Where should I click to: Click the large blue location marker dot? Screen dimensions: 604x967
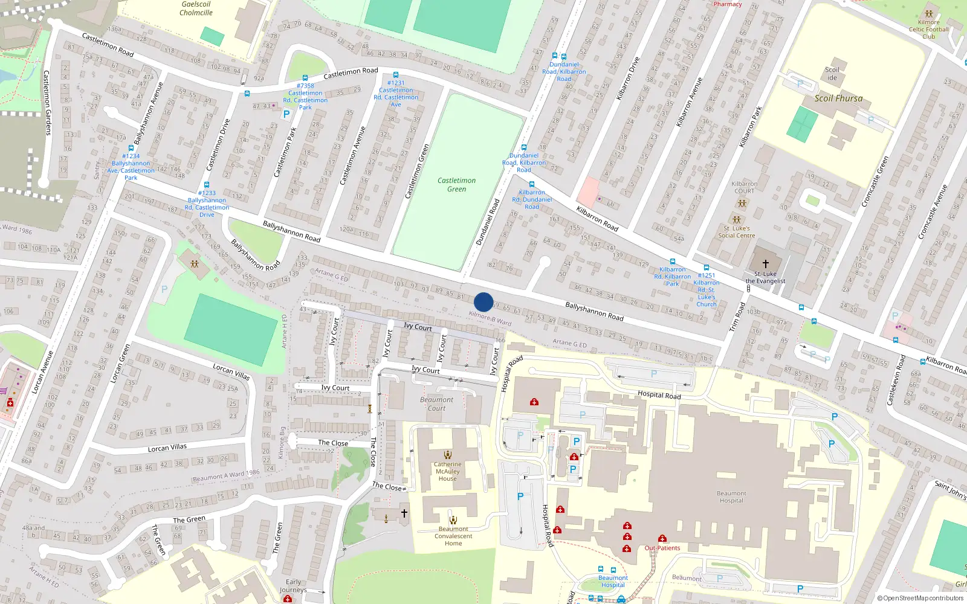(x=483, y=302)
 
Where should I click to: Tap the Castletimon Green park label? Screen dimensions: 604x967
(x=456, y=185)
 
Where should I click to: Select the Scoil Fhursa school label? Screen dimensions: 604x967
(x=838, y=98)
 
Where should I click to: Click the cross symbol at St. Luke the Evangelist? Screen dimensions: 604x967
(x=766, y=264)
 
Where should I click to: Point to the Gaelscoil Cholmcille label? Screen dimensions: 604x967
(x=196, y=8)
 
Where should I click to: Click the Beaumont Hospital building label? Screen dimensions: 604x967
(x=731, y=497)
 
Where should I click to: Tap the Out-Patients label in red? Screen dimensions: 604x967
(x=662, y=548)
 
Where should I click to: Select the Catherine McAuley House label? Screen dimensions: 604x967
(x=447, y=472)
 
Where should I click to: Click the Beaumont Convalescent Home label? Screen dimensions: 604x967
(x=453, y=536)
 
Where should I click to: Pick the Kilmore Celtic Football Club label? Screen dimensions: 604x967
(x=929, y=29)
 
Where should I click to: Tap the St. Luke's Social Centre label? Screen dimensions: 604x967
(x=737, y=232)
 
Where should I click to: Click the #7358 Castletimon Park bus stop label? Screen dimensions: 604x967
(x=305, y=97)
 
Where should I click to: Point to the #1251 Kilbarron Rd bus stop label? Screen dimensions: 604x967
(x=707, y=290)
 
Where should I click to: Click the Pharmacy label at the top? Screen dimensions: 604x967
(x=728, y=4)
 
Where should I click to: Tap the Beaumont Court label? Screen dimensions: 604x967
(x=436, y=404)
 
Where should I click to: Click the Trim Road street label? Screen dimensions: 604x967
(x=737, y=316)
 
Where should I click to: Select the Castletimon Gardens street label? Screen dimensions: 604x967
(x=47, y=103)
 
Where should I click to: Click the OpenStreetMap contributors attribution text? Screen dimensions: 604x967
(x=920, y=599)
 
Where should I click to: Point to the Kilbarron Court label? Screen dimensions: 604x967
(x=744, y=187)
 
